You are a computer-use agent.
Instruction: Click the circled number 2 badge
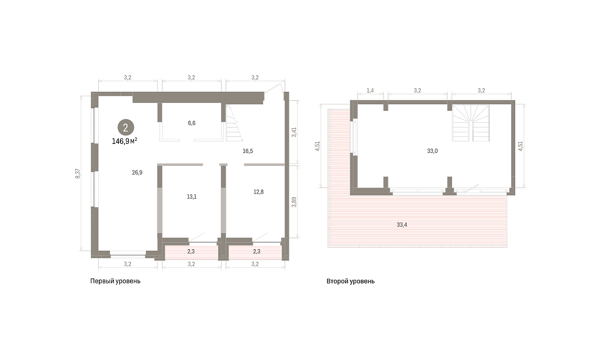coord(126,127)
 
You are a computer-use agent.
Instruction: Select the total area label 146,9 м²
coord(124,141)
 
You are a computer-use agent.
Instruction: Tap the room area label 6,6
coord(192,123)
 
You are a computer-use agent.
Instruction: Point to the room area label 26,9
coord(137,172)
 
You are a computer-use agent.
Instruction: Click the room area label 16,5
coord(248,151)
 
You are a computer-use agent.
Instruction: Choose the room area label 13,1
coord(192,197)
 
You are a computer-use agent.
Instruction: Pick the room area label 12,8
coord(258,192)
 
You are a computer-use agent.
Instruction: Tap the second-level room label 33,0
coord(432,151)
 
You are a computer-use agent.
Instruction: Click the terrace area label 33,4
coord(402,225)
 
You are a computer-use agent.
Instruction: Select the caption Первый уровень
coord(115,281)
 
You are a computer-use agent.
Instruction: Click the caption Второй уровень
coord(351,281)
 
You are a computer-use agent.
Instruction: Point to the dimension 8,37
coord(77,173)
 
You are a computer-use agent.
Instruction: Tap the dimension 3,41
coord(294,132)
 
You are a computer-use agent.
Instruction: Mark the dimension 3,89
coord(294,202)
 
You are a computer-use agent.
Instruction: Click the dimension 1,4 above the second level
coord(370,91)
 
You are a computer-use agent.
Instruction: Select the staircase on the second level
coord(471,123)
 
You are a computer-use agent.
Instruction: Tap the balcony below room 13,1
coord(191,252)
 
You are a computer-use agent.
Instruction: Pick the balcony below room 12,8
coord(255,252)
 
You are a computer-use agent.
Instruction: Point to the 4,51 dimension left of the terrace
coord(318,146)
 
